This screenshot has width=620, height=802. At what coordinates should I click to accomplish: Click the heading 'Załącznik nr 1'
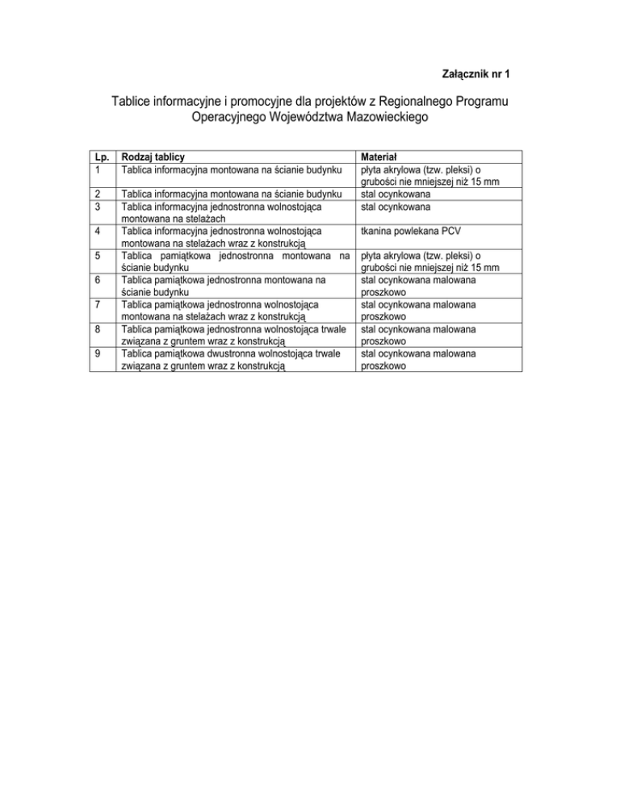(x=475, y=74)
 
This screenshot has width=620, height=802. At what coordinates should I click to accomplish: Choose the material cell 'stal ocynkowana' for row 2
(x=395, y=194)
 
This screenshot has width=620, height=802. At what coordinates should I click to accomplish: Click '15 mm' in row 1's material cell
(x=483, y=182)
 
